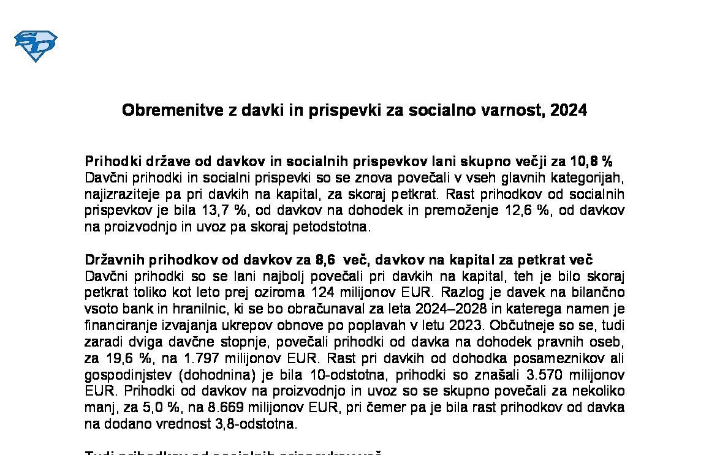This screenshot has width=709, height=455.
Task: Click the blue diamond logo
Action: click(x=36, y=46)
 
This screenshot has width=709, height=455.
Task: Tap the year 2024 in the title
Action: click(x=569, y=110)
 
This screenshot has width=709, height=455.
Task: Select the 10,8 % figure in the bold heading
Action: click(x=591, y=162)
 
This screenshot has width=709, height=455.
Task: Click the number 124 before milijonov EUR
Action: click(x=324, y=292)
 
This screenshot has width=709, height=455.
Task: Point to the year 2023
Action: click(x=448, y=325)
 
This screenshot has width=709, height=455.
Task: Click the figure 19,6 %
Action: click(x=124, y=358)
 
